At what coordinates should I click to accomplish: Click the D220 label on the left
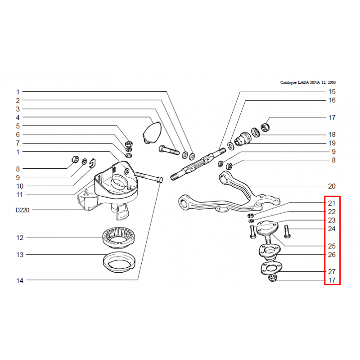coord(22,210)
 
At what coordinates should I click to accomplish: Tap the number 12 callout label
coord(20,238)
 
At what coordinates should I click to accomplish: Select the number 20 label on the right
coord(332,186)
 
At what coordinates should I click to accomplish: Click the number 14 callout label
coord(20,280)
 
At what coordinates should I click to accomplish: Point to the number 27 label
coord(332,272)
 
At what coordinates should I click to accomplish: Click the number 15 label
coord(332,92)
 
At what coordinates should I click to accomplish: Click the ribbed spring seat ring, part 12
coord(119,238)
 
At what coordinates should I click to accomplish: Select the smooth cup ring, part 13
coord(119,262)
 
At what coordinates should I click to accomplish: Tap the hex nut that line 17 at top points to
coord(265,127)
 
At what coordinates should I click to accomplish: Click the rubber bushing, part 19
coord(243,139)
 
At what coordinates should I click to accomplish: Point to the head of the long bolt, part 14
coord(160,180)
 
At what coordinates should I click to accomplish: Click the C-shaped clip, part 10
coord(93,163)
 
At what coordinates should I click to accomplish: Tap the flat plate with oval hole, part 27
coord(271,268)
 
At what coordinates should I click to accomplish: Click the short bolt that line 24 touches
coord(287,231)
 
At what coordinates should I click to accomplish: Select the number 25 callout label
coord(332,246)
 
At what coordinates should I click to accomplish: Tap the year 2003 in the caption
coord(332,82)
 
